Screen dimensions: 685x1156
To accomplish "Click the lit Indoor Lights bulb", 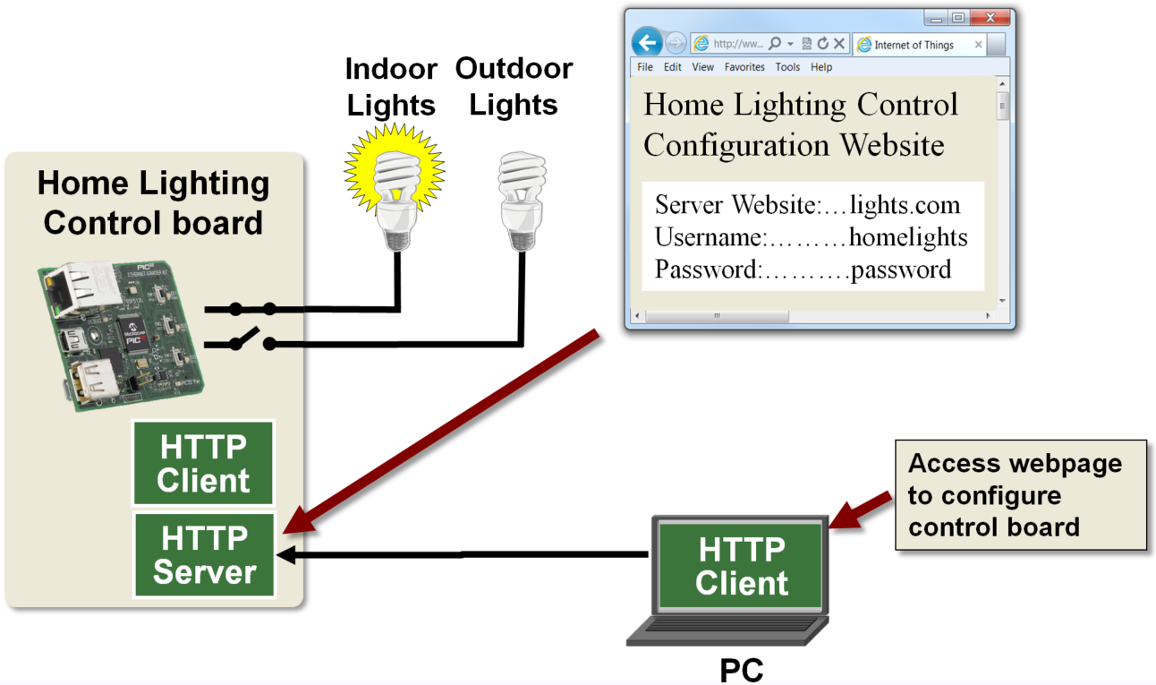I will (x=395, y=184).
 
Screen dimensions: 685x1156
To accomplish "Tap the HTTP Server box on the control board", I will (x=205, y=555).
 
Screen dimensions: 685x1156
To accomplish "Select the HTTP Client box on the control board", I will (x=203, y=464).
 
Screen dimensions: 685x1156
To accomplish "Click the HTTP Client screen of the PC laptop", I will (x=742, y=566).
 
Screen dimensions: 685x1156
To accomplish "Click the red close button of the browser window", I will (x=990, y=18).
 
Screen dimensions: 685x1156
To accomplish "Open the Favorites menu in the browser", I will (x=744, y=67).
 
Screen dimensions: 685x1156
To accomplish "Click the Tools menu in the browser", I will (x=787, y=67).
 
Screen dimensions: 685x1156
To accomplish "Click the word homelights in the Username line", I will (x=907, y=237).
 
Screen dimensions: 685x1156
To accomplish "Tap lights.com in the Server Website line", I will (x=905, y=205).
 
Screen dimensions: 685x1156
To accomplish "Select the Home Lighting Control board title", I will (x=153, y=202).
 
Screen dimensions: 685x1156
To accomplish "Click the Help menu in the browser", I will (x=821, y=67).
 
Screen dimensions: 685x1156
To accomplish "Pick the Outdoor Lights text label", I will (x=514, y=87).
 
